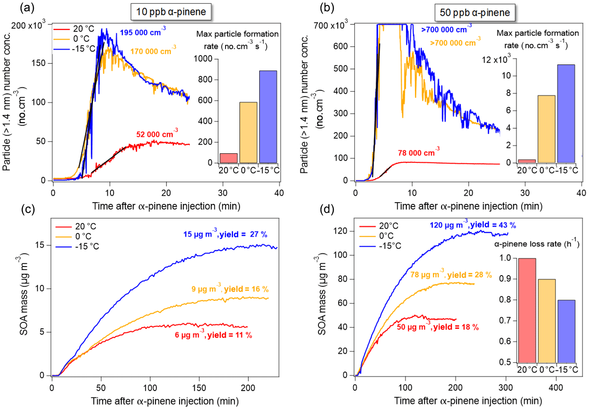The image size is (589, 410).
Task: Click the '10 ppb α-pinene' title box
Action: coord(171,13)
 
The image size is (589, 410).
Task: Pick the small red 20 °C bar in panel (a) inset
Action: coord(229,158)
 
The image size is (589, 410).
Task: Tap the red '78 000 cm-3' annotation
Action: coord(419,152)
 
